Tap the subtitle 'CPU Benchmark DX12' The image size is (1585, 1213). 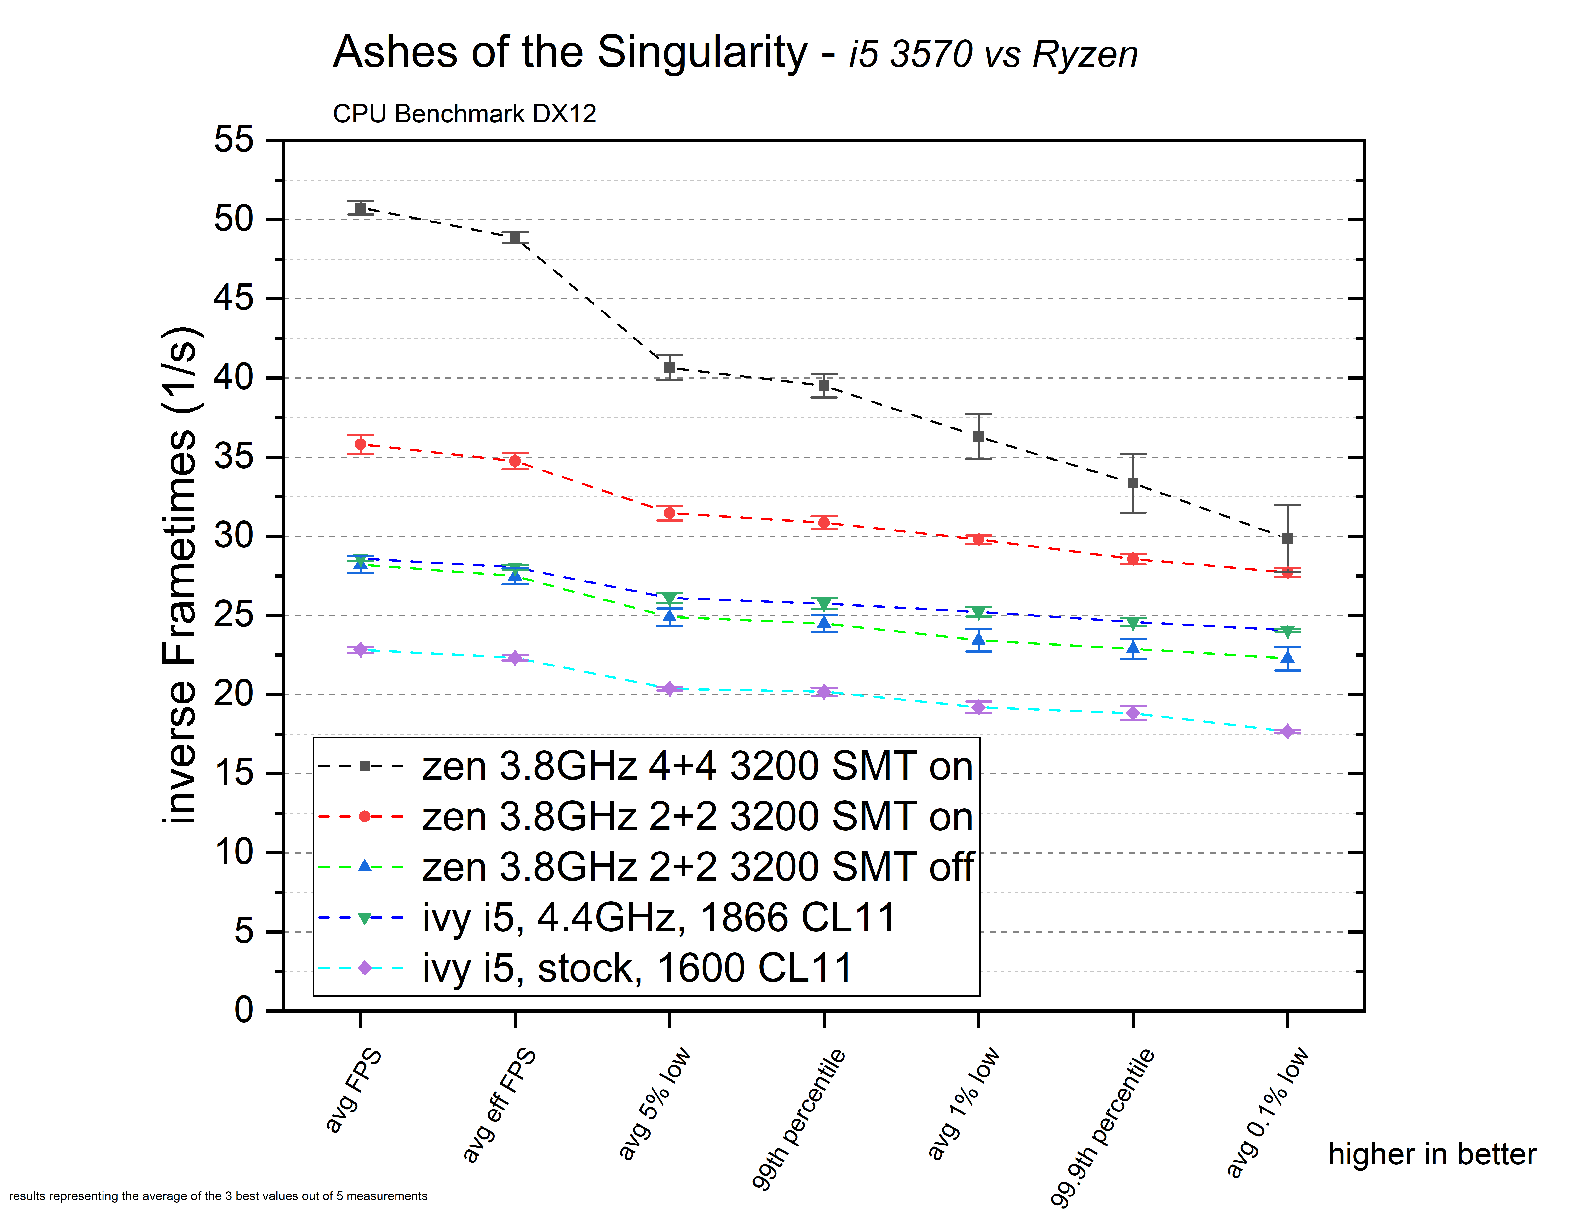coord(464,114)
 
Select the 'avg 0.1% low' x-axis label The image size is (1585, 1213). coord(1267,1112)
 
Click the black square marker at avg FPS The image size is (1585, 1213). coord(360,208)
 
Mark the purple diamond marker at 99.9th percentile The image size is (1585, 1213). coord(1133,713)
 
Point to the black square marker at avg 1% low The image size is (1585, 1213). coord(979,437)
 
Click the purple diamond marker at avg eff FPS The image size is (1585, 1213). coord(515,658)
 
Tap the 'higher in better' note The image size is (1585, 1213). coord(1432,1155)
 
